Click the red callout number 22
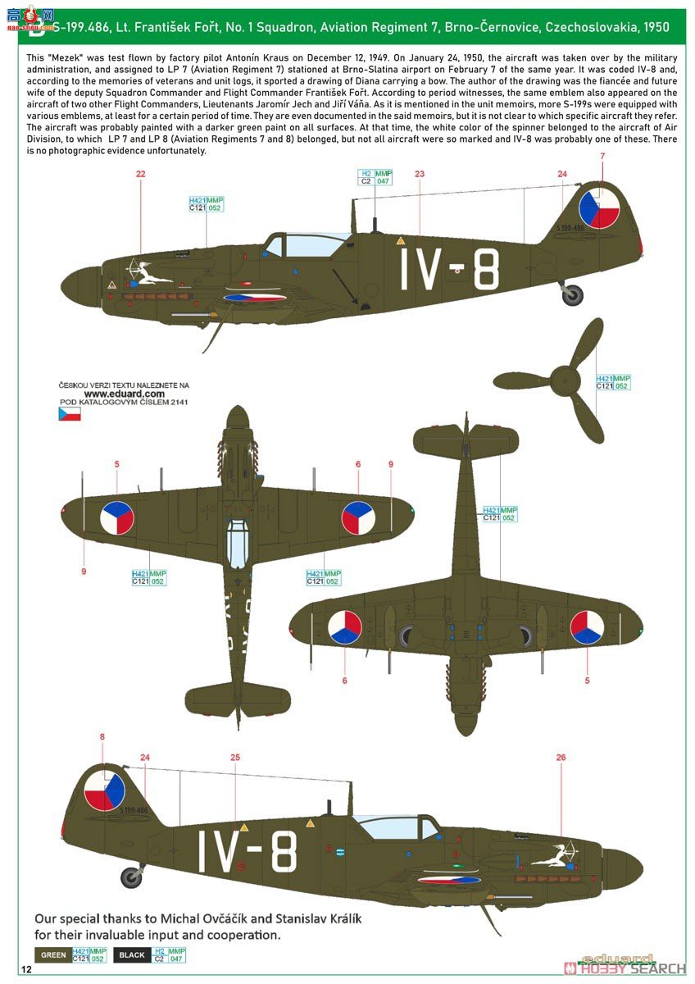coord(140,174)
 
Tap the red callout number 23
coord(420,174)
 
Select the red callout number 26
coord(561,758)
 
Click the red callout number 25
coord(235,758)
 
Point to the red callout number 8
coord(102,737)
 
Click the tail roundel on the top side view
coord(597,208)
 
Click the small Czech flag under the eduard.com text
coord(69,414)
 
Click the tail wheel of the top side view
coord(573,295)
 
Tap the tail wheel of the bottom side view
coord(131,877)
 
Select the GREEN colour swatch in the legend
coord(53,954)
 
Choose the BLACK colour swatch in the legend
coord(131,954)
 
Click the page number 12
coord(27,970)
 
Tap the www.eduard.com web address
coord(118,393)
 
